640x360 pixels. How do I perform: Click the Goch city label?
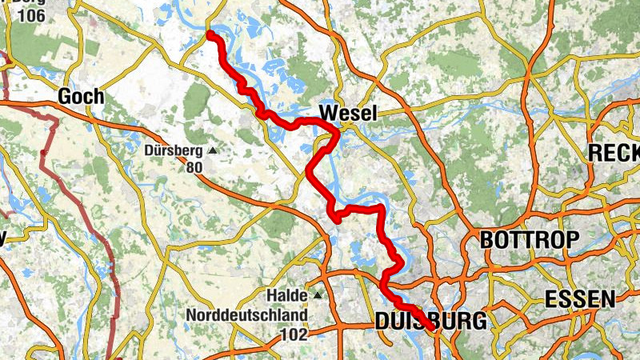(x=81, y=98)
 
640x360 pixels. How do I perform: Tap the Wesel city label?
(x=347, y=114)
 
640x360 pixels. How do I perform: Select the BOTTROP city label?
(x=529, y=239)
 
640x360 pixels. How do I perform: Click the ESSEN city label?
(x=580, y=300)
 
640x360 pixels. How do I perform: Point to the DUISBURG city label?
(x=430, y=322)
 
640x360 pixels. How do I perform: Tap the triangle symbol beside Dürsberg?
(x=213, y=150)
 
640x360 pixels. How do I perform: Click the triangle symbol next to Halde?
(x=318, y=296)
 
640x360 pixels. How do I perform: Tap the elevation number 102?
(x=294, y=334)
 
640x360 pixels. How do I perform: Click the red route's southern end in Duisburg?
(x=430, y=327)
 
